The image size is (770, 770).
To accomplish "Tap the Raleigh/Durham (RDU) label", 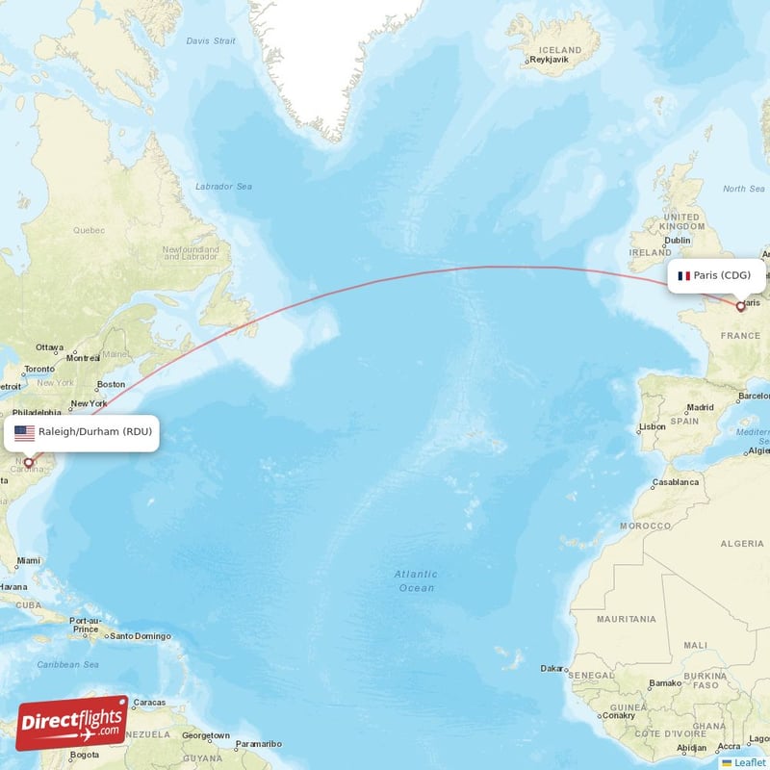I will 94,432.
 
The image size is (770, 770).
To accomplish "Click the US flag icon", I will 24,433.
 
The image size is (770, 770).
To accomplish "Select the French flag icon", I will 683,276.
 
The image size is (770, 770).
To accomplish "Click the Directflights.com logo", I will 72,723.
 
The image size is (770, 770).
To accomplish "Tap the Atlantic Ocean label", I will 416,580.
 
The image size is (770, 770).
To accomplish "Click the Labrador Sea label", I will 223,186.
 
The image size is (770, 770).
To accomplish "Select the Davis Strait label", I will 210,41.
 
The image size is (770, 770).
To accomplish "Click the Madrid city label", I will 700,407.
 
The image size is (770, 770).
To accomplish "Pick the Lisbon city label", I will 652,426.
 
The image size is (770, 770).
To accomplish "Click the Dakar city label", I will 552,668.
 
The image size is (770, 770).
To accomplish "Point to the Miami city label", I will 29,560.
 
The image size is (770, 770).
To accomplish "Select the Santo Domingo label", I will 141,636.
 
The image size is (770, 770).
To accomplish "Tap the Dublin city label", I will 678,240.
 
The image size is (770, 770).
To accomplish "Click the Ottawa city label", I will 49,346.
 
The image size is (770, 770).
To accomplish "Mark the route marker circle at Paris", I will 740,307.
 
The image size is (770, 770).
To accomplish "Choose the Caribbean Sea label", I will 67,665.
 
